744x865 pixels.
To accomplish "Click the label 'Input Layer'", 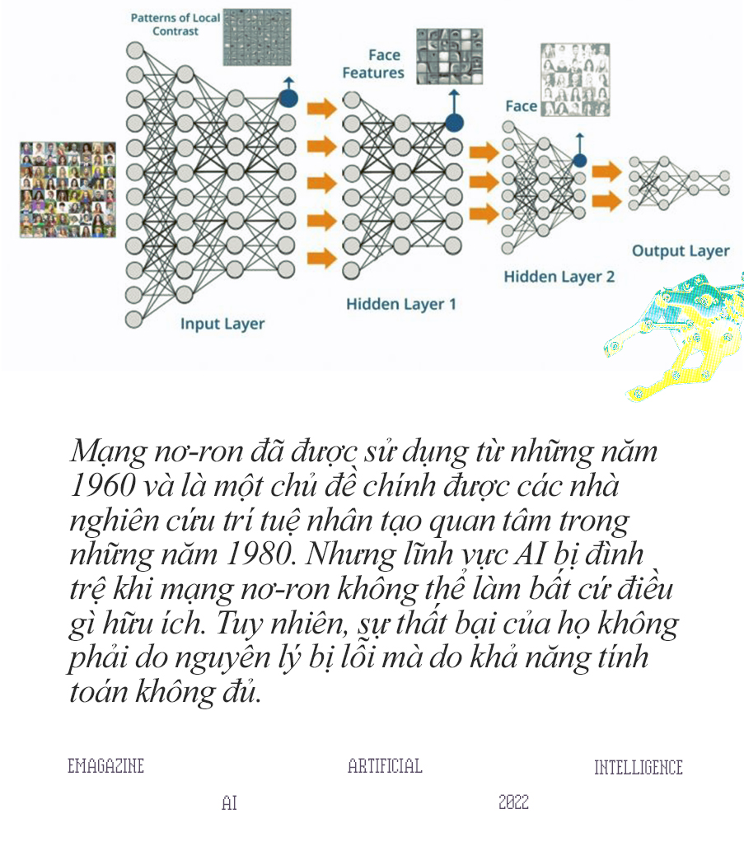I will point(222,324).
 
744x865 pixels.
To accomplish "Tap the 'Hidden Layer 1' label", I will point(401,304).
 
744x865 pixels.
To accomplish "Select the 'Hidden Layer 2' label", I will point(559,277).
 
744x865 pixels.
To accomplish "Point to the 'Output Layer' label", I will point(681,251).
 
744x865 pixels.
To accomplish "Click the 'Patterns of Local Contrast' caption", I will point(175,25).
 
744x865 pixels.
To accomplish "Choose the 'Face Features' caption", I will point(373,64).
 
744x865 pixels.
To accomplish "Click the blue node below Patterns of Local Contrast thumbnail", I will point(288,98).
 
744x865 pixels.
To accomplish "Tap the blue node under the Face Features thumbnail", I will point(454,124).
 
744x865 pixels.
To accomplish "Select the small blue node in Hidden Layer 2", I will point(580,161).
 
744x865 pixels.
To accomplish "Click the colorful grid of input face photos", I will point(68,189).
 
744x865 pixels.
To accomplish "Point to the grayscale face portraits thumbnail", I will point(575,79).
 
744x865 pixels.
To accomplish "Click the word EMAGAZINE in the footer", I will point(105,766).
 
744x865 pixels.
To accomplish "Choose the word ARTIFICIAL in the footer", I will point(385,766).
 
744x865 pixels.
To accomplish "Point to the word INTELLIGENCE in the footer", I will point(639,768).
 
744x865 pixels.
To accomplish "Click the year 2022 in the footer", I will point(513,802).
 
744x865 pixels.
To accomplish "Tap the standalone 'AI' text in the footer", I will point(229,802).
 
